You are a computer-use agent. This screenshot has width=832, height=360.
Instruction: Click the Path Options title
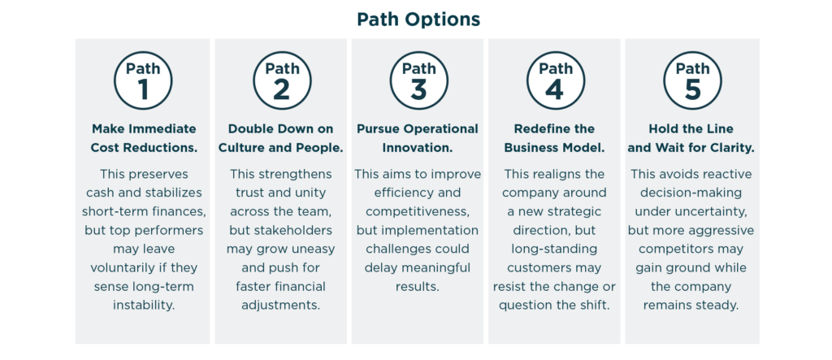(x=418, y=20)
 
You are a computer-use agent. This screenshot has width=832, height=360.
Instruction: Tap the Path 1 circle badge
(x=143, y=80)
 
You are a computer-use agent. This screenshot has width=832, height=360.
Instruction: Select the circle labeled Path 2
(x=282, y=80)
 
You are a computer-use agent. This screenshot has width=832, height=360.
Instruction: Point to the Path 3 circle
(x=418, y=80)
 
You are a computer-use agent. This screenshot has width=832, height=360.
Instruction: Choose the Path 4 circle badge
(x=556, y=80)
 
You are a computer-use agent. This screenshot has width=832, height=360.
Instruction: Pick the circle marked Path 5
(x=692, y=80)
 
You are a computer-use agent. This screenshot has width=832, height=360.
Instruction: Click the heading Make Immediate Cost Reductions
(x=144, y=138)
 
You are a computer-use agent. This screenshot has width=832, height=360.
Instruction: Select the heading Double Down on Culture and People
(x=280, y=138)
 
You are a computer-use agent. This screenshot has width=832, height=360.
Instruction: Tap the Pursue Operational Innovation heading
(x=418, y=138)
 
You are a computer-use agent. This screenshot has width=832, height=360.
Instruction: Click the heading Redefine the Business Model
(x=554, y=138)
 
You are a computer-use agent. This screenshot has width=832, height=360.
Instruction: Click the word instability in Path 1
(x=143, y=306)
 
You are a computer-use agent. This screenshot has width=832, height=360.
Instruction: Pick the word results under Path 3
(x=418, y=287)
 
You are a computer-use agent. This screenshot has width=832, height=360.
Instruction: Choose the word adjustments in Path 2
(x=280, y=306)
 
